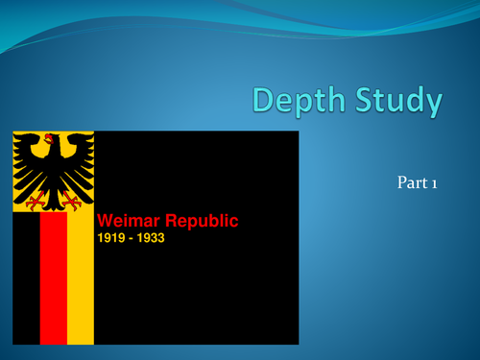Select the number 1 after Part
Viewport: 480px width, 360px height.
click(434, 182)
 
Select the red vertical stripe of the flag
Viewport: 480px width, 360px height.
click(53, 278)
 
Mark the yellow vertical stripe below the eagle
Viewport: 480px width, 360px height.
click(81, 278)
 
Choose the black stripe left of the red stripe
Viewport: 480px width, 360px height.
click(26, 278)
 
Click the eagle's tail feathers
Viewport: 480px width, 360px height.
click(53, 199)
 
